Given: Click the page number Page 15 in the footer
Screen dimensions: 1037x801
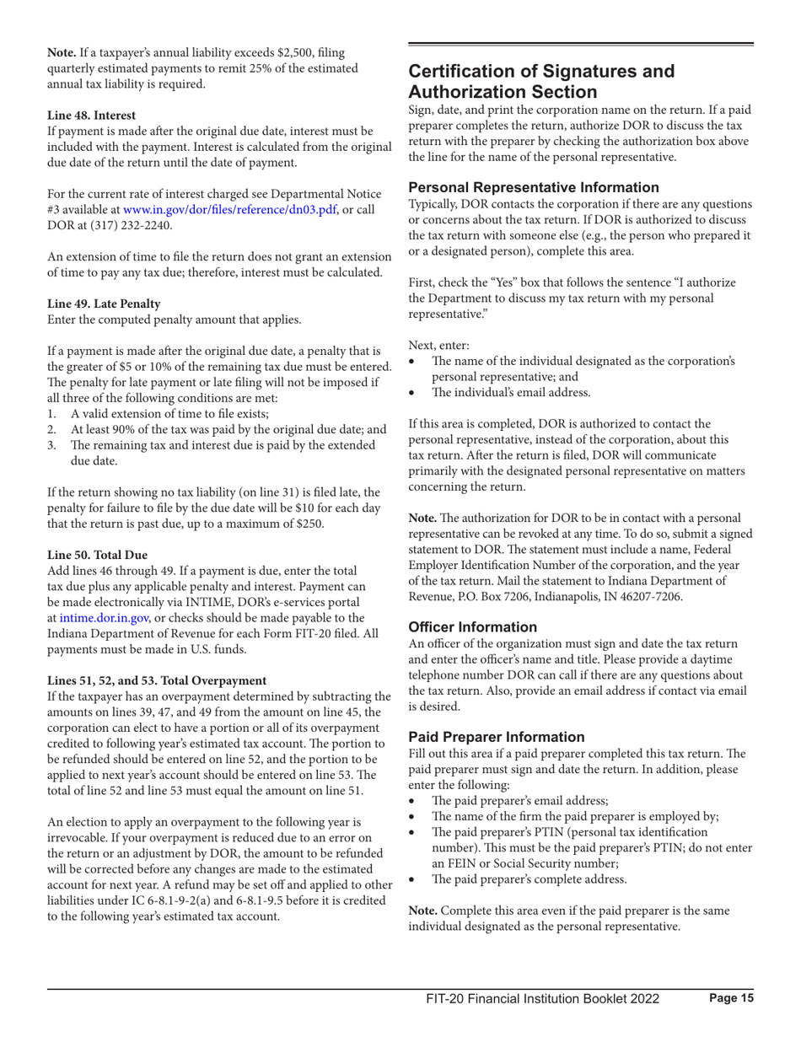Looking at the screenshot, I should tap(729, 998).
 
